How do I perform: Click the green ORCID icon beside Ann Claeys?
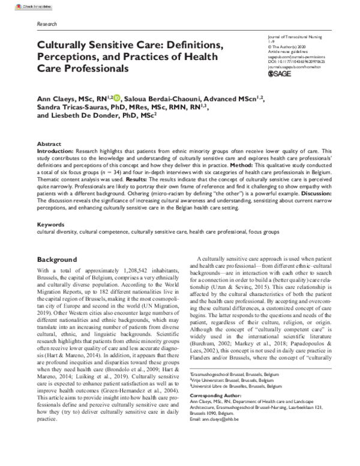point(116,98)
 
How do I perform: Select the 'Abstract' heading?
point(49,145)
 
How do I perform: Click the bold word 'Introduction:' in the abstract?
point(58,153)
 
